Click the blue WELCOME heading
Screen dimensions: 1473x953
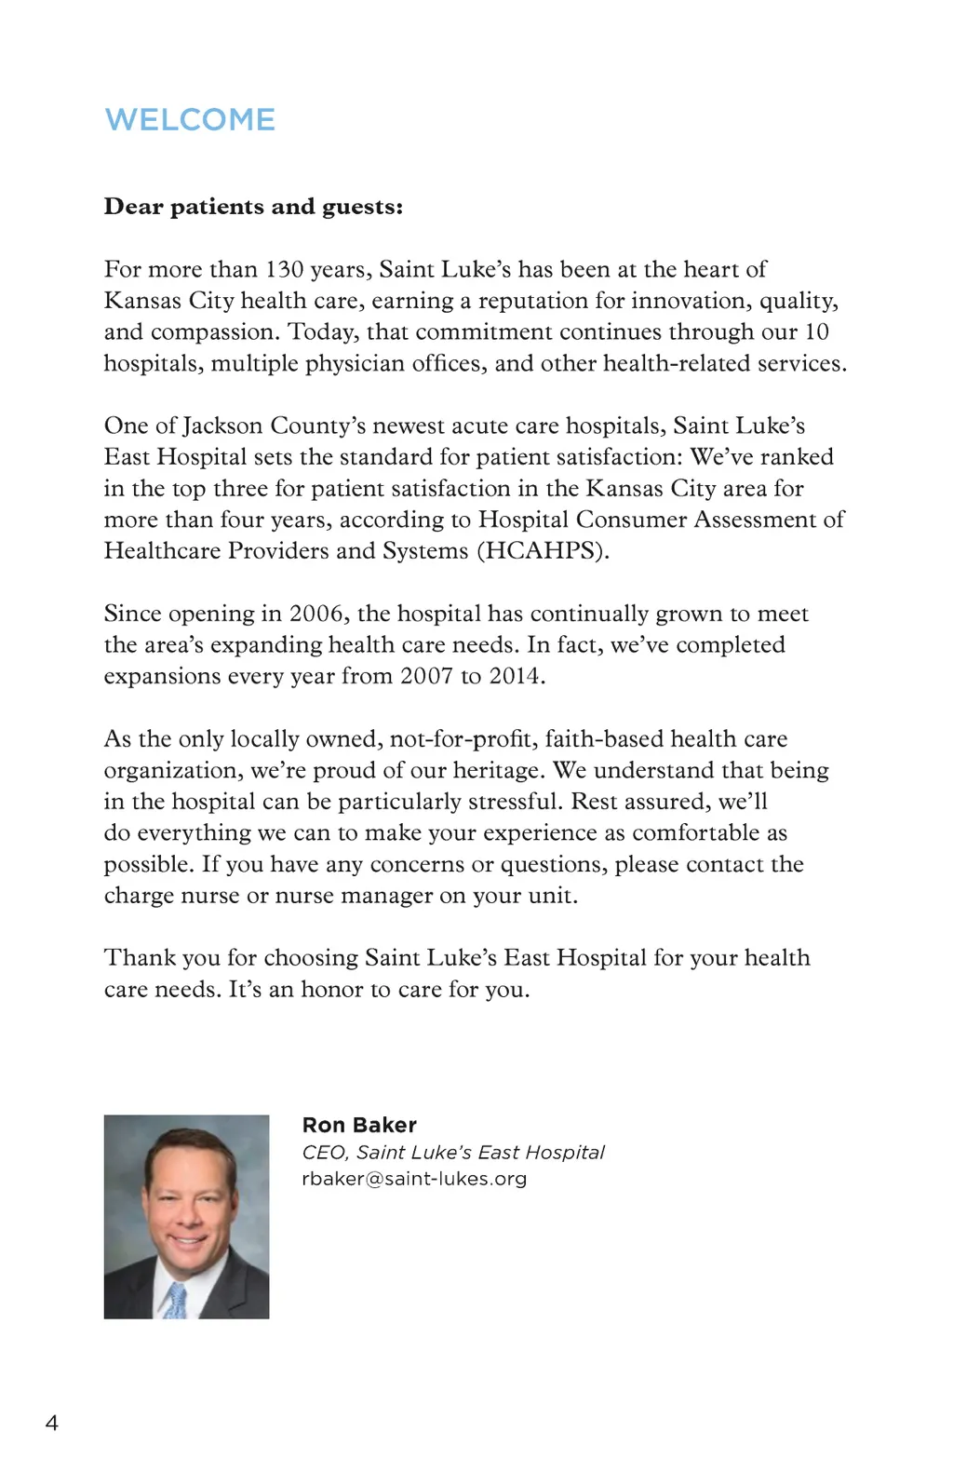pyautogui.click(x=190, y=120)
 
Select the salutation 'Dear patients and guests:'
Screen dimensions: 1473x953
pyautogui.click(x=253, y=207)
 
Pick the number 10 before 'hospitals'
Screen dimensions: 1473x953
pyautogui.click(x=816, y=332)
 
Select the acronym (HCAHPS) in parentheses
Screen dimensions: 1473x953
pyautogui.click(x=543, y=551)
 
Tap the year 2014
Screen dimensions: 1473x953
pyautogui.click(x=517, y=676)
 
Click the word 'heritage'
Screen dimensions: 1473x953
pyautogui.click(x=498, y=771)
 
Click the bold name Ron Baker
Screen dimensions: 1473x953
pyautogui.click(x=359, y=1125)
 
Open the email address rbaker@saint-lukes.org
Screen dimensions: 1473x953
pyautogui.click(x=414, y=1179)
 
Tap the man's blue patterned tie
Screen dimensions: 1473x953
pyautogui.click(x=176, y=1300)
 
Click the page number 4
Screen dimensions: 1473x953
pyautogui.click(x=51, y=1423)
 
